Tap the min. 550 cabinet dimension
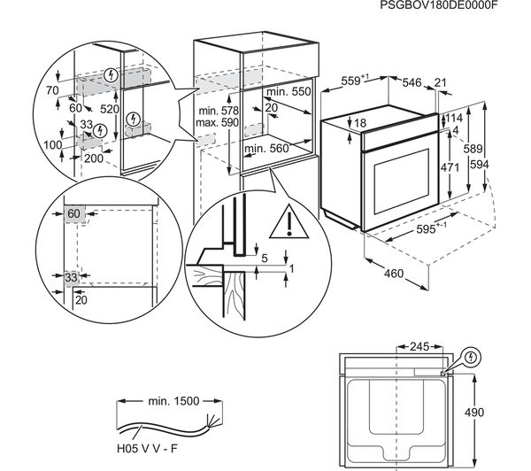[x=289, y=91]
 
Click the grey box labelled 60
[x=73, y=213]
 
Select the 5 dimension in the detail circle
[x=265, y=259]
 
